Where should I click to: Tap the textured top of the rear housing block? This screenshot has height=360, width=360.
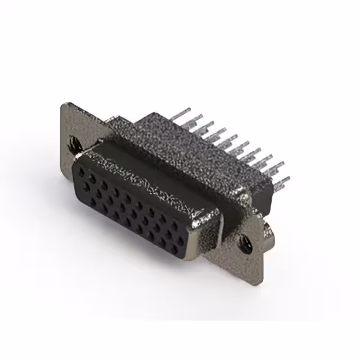[x=191, y=143]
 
